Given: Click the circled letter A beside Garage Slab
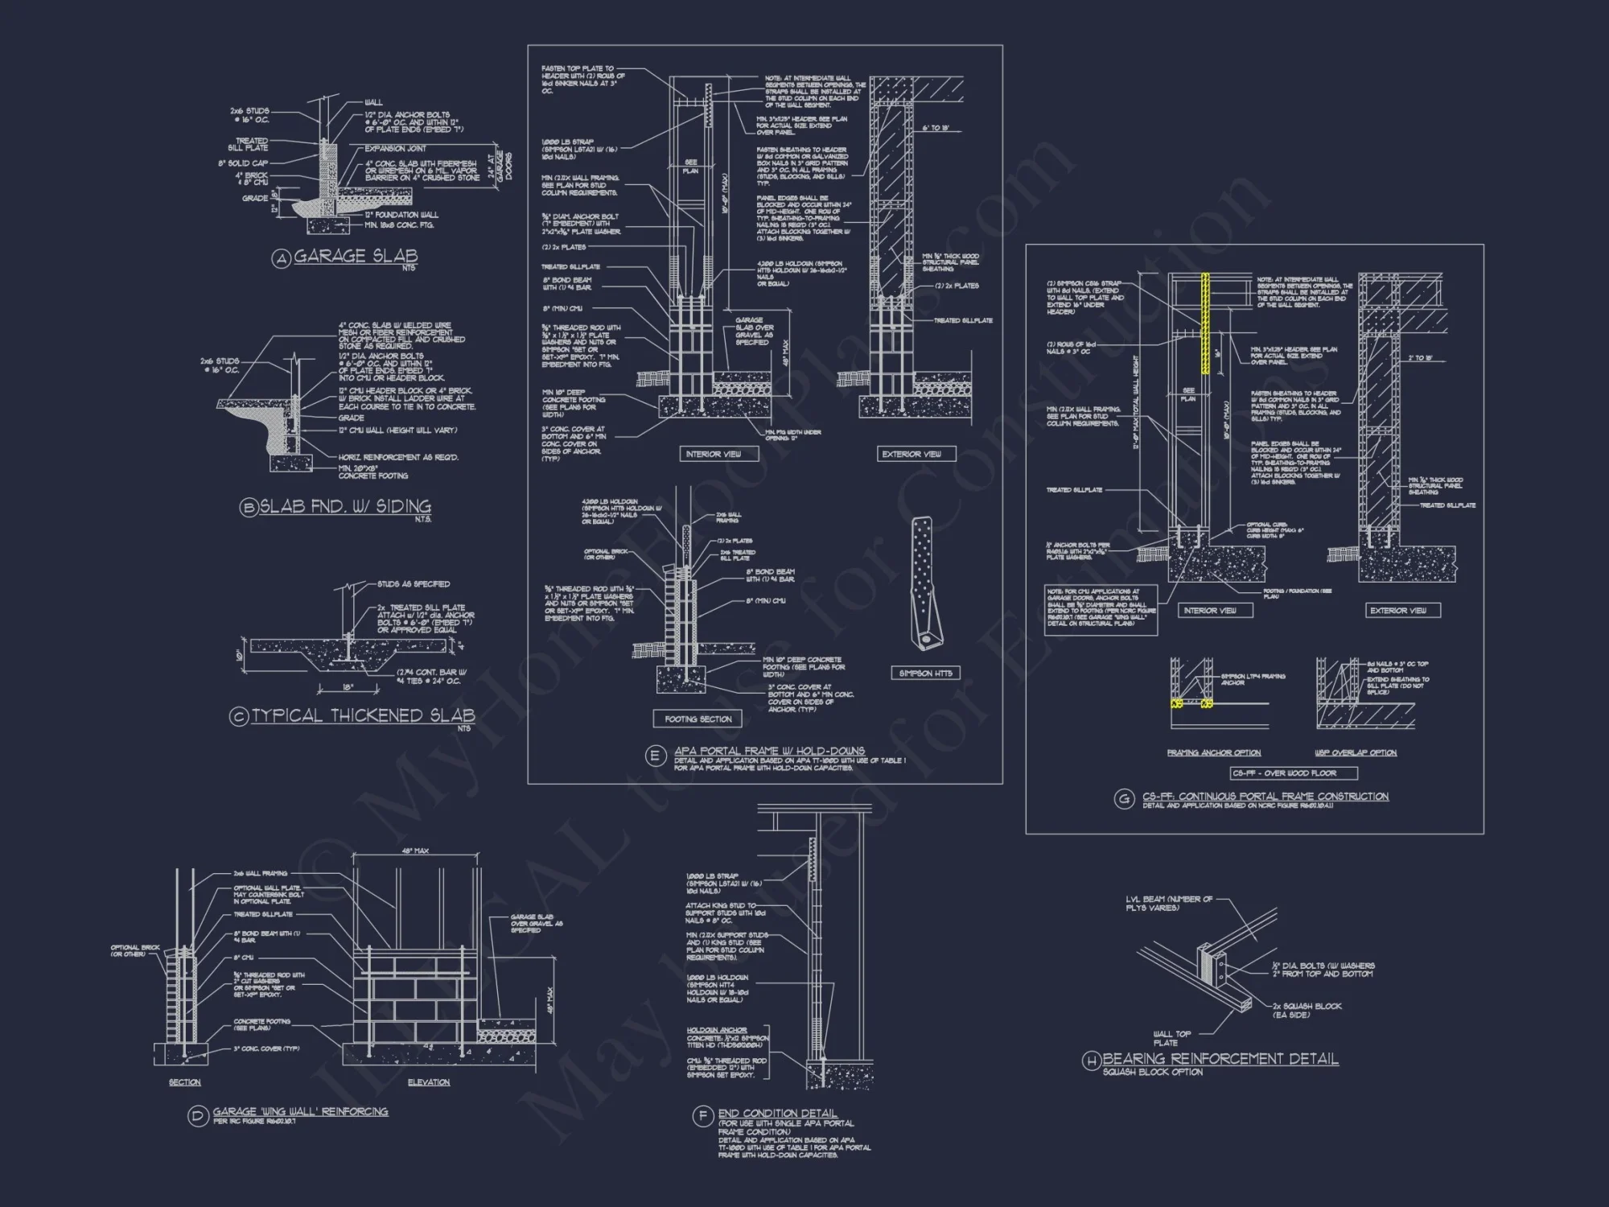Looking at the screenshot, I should tap(280, 259).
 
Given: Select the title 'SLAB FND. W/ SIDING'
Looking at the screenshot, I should tap(345, 507).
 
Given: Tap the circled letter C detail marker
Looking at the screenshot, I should tap(238, 717).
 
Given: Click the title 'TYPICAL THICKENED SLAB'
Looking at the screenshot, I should tap(363, 715).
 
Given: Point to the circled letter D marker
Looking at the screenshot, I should tap(198, 1116).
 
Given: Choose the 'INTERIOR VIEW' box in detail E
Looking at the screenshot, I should tap(713, 454).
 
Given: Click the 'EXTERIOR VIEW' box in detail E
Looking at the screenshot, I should tap(911, 454).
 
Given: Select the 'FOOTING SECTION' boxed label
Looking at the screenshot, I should tap(698, 719).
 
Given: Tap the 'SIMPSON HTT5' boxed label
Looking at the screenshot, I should tap(926, 673).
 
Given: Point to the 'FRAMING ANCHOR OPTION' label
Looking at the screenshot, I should tap(1214, 753).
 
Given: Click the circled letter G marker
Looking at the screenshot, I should tap(1123, 799).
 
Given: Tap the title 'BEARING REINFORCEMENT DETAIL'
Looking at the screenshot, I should tap(1220, 1059).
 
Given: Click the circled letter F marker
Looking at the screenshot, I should tap(702, 1116).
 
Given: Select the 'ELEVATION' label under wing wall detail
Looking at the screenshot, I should tap(429, 1082).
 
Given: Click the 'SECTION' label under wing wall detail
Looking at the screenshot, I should tap(185, 1082).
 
